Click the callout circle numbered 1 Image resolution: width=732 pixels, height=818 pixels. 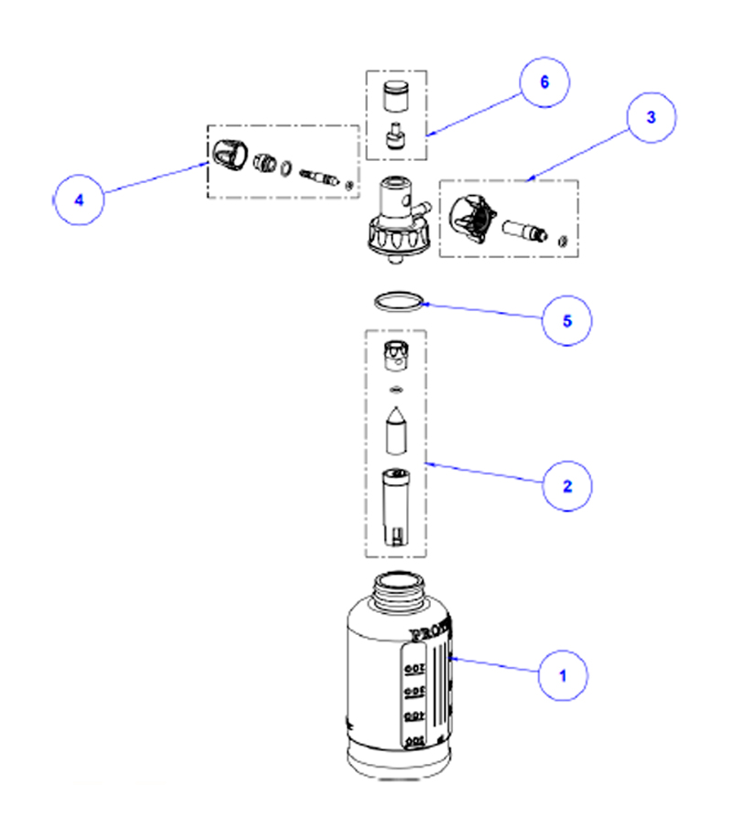(563, 677)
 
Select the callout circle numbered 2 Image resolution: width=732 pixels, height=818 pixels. (567, 484)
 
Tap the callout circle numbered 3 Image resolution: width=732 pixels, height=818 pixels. (651, 118)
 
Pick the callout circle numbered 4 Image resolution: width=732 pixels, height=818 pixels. (79, 199)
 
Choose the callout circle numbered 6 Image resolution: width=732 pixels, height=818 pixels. (544, 82)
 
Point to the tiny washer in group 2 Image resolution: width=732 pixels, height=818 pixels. (395, 391)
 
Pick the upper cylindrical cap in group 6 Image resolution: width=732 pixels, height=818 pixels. (394, 94)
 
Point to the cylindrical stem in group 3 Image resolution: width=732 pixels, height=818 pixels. (522, 230)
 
